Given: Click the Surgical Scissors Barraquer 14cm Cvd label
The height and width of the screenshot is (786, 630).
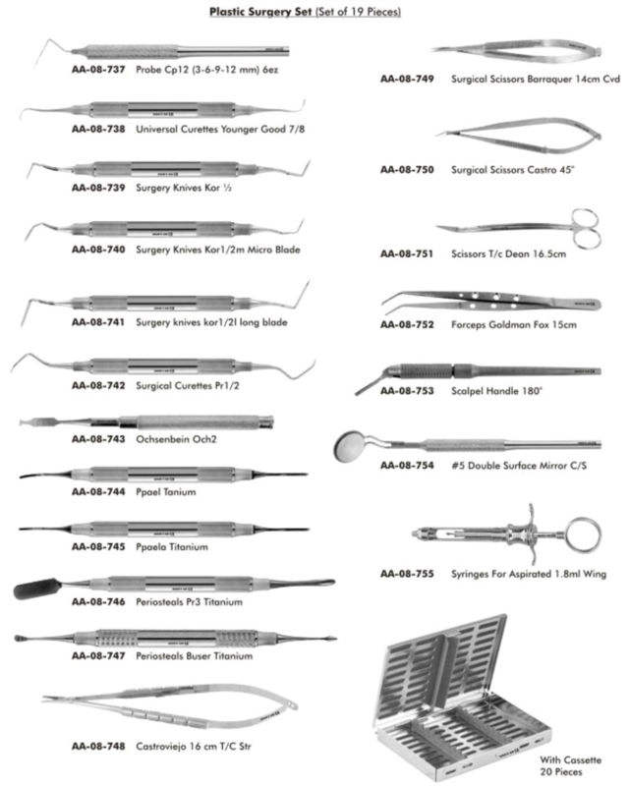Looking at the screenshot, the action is tap(536, 78).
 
